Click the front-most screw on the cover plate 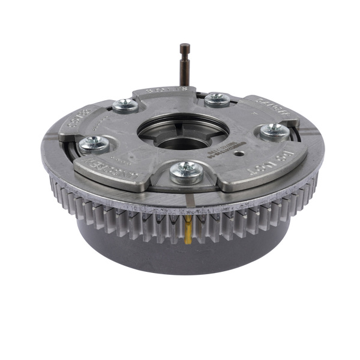coord(186,172)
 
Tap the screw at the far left coord(93,143)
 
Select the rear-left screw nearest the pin coord(125,106)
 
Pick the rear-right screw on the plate coord(217,100)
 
